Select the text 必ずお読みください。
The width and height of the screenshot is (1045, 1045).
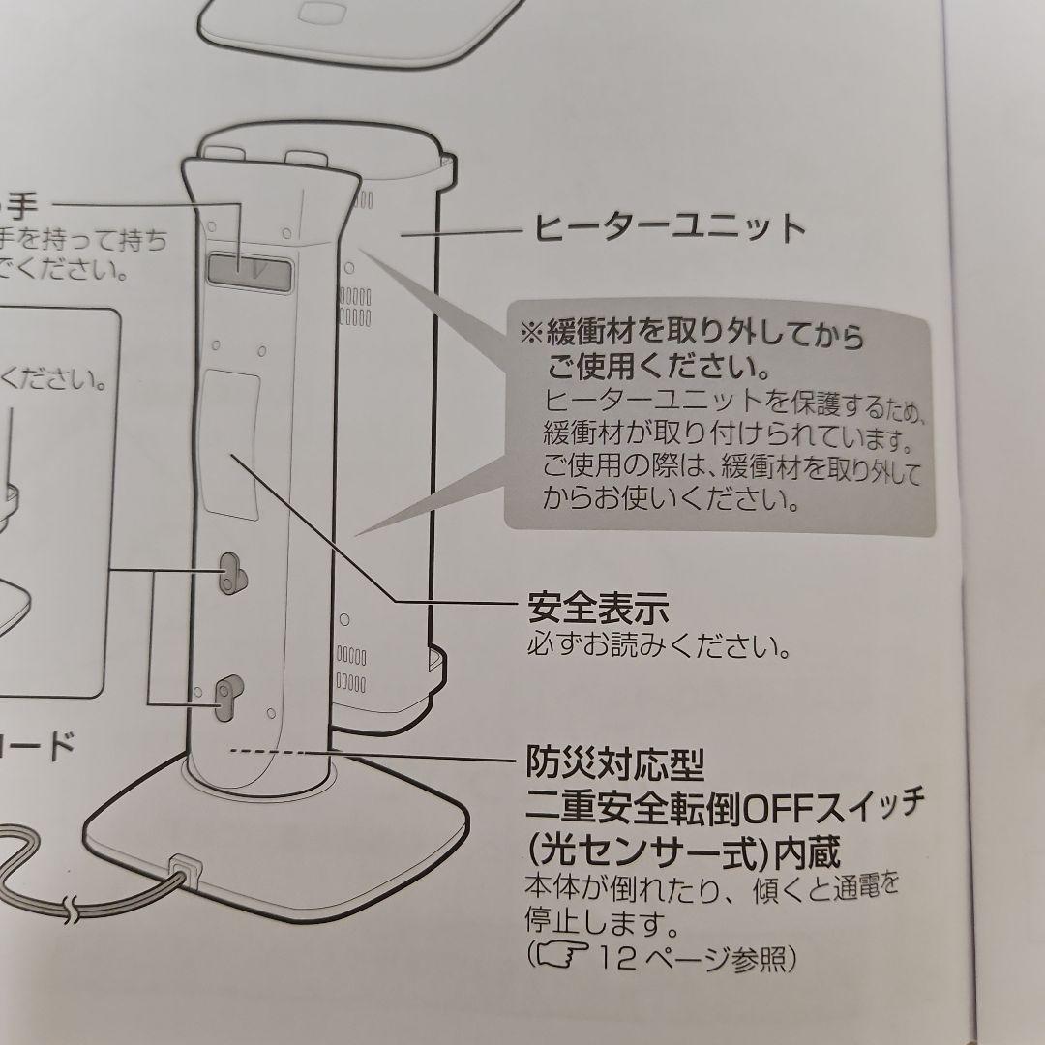[x=659, y=645]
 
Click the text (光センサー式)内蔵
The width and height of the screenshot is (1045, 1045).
[x=683, y=851]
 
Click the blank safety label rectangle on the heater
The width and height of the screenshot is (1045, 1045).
[x=230, y=440]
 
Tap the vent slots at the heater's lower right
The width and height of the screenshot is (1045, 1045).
[x=351, y=672]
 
